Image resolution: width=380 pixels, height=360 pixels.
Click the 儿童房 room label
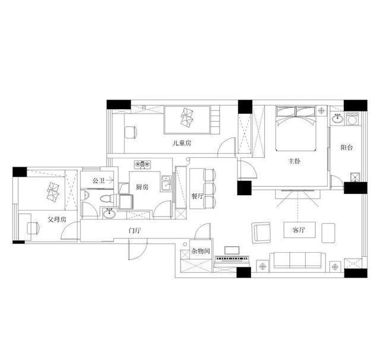coord(182,143)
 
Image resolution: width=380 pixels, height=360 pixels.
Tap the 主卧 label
coord(294,161)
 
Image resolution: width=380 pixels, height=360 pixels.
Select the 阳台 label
coord(347,148)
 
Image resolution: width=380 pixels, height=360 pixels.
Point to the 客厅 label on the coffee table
coord(299,230)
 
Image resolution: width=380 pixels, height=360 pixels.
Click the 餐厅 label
coord(197,196)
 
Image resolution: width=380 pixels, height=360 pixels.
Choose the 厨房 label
coord(142,187)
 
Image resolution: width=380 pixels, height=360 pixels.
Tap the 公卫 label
coord(99,180)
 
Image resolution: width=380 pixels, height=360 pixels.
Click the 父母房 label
coord(57,219)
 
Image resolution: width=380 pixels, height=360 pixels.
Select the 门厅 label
coord(135,231)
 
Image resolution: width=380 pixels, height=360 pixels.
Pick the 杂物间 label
coord(201,251)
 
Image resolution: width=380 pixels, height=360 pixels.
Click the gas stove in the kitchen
coord(142,165)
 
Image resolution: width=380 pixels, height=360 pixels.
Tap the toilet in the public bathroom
coord(106,199)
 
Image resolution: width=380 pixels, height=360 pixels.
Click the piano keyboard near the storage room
coord(232,259)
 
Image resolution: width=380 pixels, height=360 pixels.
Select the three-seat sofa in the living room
coord(298,260)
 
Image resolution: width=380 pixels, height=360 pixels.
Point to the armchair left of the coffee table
coord(261,232)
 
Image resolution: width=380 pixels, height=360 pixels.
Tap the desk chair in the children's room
coord(131,132)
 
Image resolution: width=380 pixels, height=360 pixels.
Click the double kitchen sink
coord(166,183)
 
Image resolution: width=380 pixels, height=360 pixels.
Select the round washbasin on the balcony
coord(337,119)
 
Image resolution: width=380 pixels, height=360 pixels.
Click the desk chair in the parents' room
coord(33,228)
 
